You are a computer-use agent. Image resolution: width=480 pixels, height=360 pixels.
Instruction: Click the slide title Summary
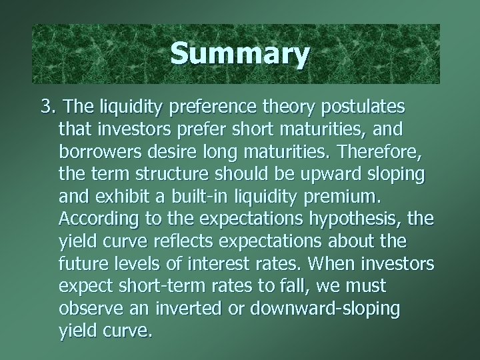(x=239, y=54)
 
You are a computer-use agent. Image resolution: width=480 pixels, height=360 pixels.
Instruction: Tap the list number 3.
(x=48, y=107)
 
